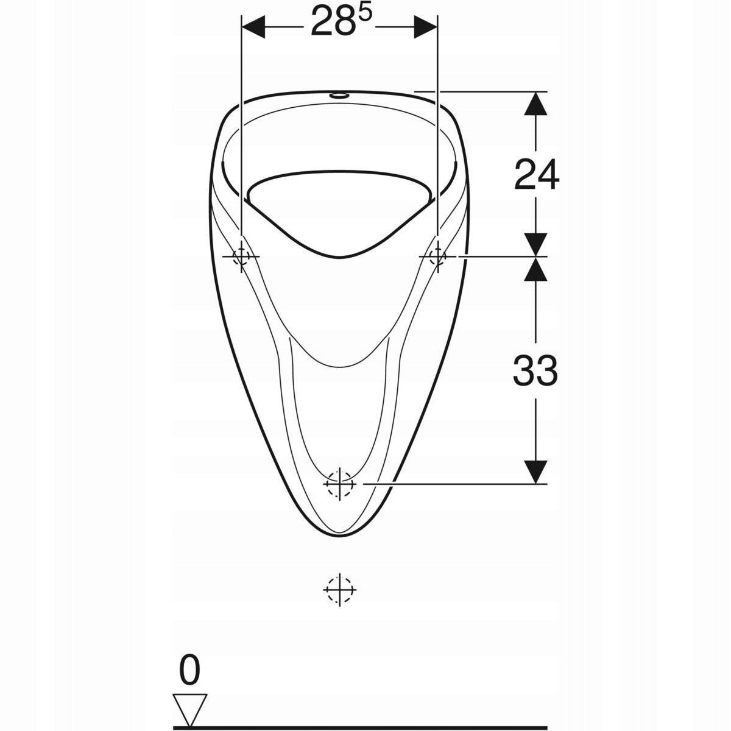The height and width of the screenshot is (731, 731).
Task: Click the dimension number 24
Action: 537,174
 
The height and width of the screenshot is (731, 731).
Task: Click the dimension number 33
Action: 535,370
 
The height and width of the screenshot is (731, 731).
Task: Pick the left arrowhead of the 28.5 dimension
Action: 253,27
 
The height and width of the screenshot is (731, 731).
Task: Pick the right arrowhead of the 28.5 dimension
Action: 426,27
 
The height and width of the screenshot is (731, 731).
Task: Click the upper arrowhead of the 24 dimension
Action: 535,103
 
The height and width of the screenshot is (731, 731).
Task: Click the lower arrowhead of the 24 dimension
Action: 535,245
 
